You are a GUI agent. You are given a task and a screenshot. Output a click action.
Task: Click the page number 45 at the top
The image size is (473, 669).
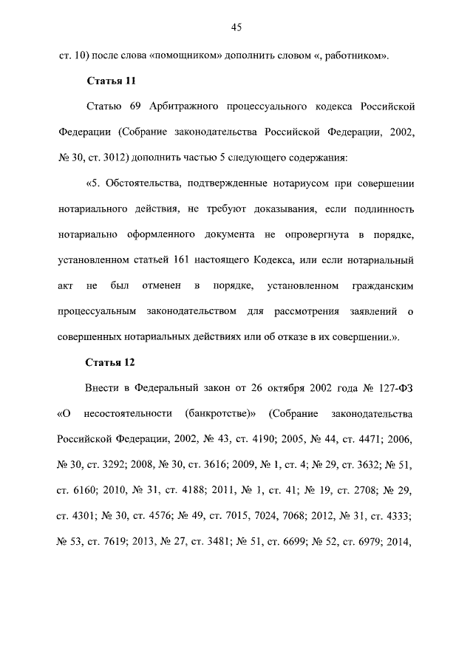tap(236, 27)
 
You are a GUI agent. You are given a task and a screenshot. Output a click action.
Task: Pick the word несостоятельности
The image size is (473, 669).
tap(122, 413)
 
